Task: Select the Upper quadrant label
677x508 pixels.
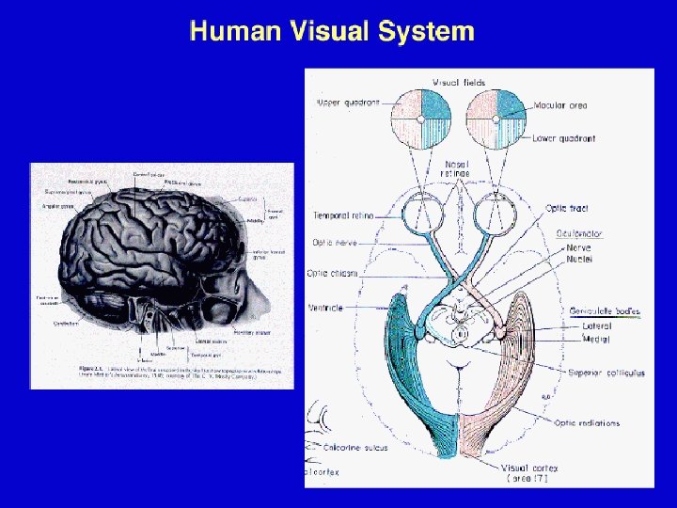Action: pos(347,103)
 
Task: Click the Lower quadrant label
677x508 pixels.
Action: pos(563,139)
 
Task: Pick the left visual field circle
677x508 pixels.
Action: pos(420,119)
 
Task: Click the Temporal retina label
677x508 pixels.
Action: pos(343,215)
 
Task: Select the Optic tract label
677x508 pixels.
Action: pos(567,208)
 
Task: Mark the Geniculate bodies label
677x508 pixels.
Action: pos(606,310)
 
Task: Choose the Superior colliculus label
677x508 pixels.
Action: pos(606,373)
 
